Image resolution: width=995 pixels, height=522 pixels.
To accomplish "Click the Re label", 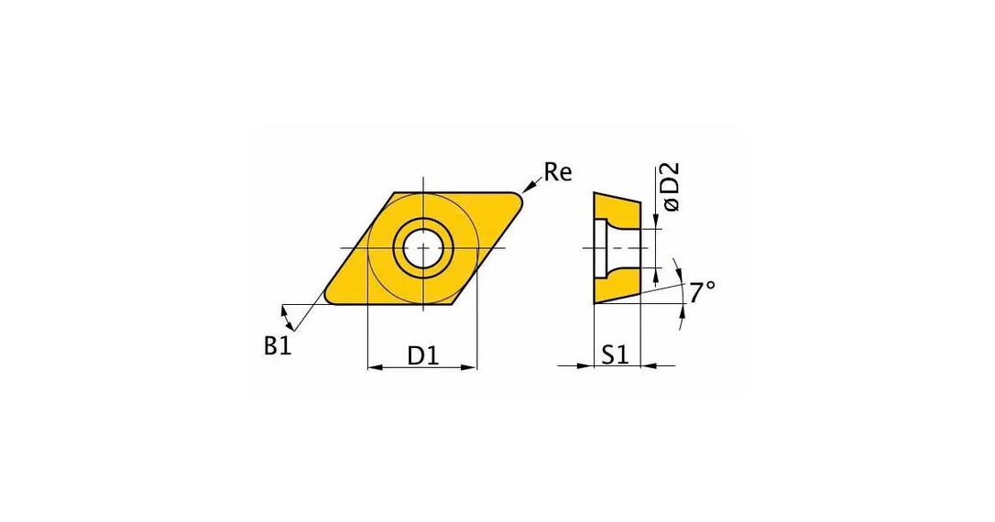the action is (x=558, y=172).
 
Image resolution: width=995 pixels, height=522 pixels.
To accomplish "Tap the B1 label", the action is (x=278, y=345).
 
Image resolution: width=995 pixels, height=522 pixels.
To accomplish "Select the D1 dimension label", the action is (x=423, y=356).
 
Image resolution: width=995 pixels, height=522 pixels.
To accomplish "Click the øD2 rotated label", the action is (x=670, y=187).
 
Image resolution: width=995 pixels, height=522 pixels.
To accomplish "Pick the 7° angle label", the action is (x=703, y=292).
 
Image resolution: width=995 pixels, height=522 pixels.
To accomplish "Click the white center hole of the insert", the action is (x=423, y=247).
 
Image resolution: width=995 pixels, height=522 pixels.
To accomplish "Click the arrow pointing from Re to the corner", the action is (x=531, y=185).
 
